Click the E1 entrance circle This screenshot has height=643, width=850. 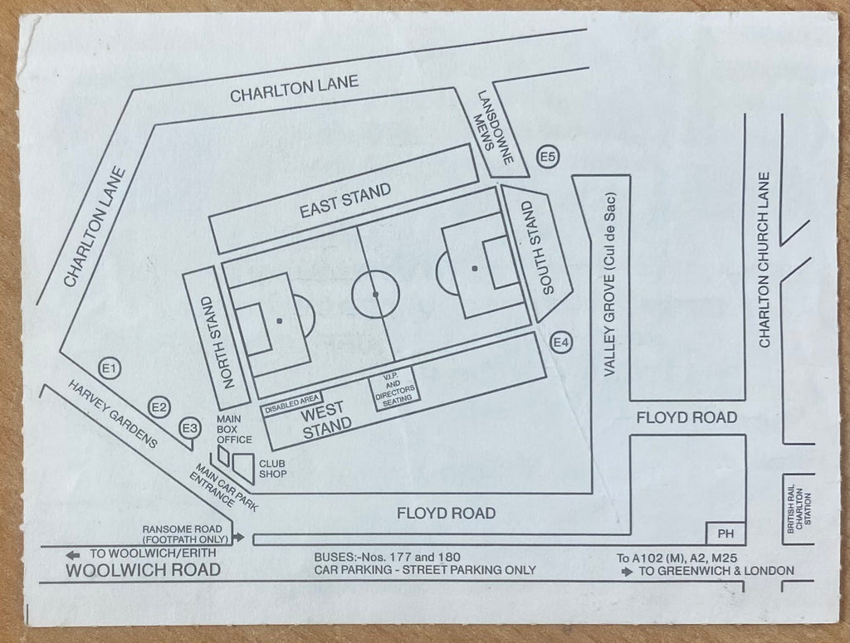tap(110, 369)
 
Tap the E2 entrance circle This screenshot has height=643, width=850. tap(159, 407)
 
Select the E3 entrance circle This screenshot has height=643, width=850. tap(189, 429)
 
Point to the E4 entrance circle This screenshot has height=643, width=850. tap(561, 343)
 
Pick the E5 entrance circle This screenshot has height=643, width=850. tap(548, 157)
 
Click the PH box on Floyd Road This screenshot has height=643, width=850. tap(725, 533)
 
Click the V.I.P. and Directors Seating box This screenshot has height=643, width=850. tap(396, 388)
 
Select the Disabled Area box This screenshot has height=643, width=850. tap(291, 403)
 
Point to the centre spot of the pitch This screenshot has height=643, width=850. tap(375, 295)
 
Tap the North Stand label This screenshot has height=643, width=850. tap(218, 343)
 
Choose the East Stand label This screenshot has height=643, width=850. tap(345, 201)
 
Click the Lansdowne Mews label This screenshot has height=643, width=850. tap(494, 127)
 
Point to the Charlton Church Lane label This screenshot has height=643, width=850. tap(765, 260)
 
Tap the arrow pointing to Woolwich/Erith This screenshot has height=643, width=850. tap(73, 555)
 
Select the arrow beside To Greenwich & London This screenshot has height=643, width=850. tap(628, 572)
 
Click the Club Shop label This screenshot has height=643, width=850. tap(272, 469)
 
